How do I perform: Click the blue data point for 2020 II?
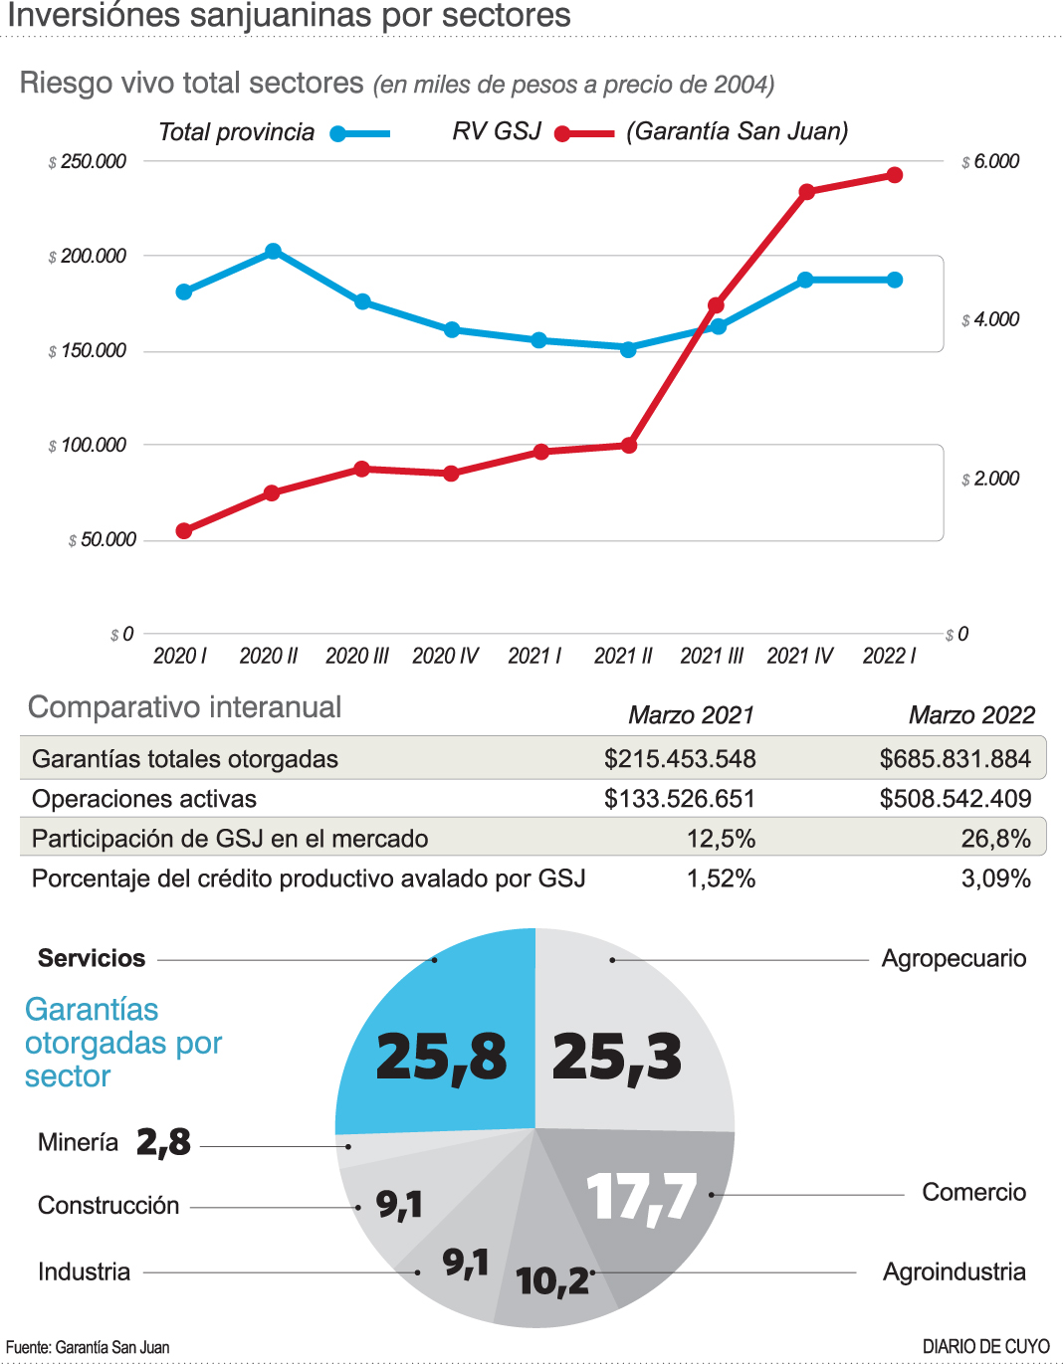(273, 252)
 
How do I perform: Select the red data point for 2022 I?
(895, 175)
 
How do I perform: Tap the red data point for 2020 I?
(184, 531)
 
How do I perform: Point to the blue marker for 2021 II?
(628, 349)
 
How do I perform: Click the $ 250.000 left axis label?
(88, 161)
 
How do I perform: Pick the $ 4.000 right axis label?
(990, 319)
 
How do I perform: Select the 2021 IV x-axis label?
(799, 656)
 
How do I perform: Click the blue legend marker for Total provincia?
(339, 134)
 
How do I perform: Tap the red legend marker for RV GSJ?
(563, 134)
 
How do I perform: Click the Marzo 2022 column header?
(971, 715)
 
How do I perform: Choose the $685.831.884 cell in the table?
(955, 759)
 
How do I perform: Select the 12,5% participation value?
(721, 839)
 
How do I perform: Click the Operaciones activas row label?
(144, 799)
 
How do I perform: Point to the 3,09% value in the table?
(995, 878)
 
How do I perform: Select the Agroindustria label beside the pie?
(954, 1271)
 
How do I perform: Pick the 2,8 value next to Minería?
(163, 1142)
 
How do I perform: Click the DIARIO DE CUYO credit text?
(985, 1346)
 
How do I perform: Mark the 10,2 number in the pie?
(552, 1280)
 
